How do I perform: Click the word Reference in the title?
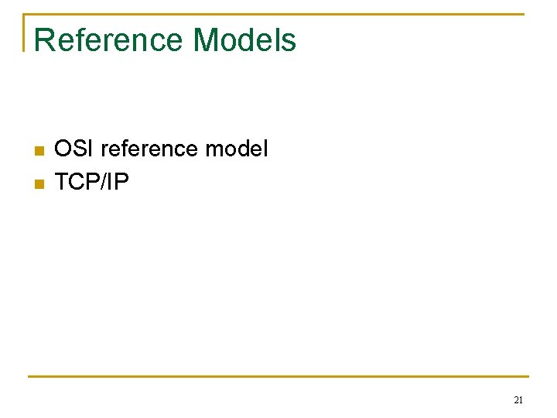[109, 39]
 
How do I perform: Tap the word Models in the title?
[244, 39]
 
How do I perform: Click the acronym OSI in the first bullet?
[74, 148]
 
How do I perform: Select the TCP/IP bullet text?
[92, 183]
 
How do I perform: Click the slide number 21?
[518, 400]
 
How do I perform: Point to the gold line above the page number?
[278, 377]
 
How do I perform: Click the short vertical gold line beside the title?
[26, 33]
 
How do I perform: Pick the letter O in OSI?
[63, 148]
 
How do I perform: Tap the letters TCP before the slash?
[80, 183]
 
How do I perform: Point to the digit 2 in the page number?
[516, 400]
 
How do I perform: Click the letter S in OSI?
[80, 148]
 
